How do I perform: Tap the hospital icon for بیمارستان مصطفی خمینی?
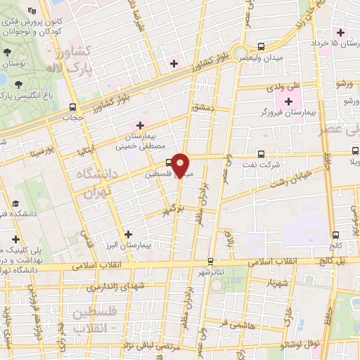coord(140,125)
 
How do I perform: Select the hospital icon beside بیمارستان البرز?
coord(127,235)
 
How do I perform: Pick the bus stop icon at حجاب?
coord(72,108)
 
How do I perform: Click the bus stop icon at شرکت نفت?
coord(261,153)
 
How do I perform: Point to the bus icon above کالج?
coord(335,236)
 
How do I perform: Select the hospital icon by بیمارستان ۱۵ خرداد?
coord(342,32)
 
